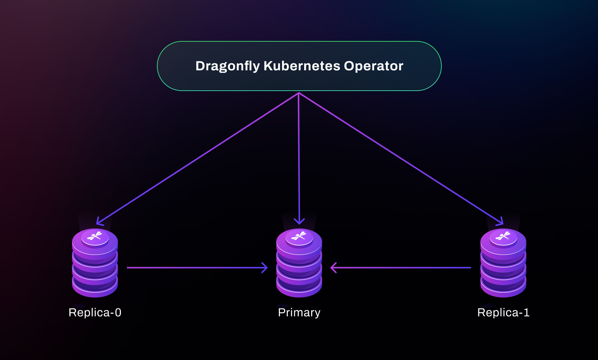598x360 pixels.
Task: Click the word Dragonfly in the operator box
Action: [227, 66]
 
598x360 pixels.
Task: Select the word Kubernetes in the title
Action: [302, 66]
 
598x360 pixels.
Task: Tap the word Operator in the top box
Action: [373, 66]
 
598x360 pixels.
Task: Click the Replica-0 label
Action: [95, 313]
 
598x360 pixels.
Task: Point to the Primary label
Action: [299, 313]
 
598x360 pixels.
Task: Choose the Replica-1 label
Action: [503, 313]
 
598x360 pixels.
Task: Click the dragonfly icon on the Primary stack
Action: [299, 236]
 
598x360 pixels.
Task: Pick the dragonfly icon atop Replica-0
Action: [95, 236]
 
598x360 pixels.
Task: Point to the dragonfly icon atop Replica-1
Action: [503, 236]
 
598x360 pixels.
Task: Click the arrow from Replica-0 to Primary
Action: [197, 268]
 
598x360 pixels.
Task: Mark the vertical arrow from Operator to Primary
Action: [299, 157]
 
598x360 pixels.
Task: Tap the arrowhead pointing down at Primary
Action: [299, 221]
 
